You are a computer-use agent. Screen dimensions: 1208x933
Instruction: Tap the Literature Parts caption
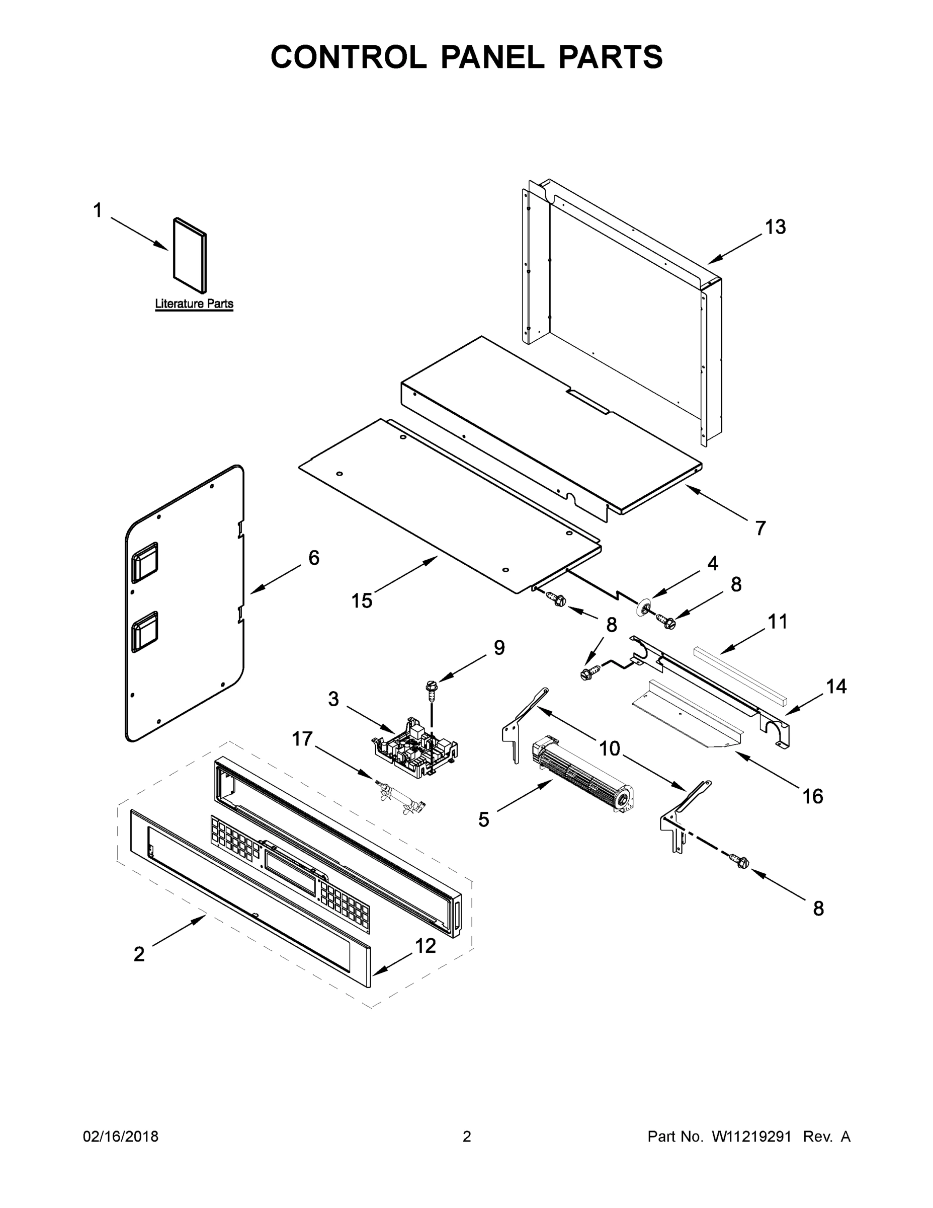pos(194,304)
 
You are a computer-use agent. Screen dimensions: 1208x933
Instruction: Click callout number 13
pos(775,227)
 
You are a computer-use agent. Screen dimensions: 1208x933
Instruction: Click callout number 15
pos(362,600)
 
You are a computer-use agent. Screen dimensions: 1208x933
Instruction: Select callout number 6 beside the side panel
pos(313,558)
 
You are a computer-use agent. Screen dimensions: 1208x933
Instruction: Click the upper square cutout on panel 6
pos(145,562)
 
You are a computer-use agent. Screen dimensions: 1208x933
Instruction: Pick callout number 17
pos(302,738)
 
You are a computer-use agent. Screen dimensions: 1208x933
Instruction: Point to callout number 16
pos(812,796)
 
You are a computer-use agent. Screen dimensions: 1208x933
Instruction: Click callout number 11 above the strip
pos(778,622)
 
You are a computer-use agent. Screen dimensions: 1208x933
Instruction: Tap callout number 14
pos(836,687)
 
